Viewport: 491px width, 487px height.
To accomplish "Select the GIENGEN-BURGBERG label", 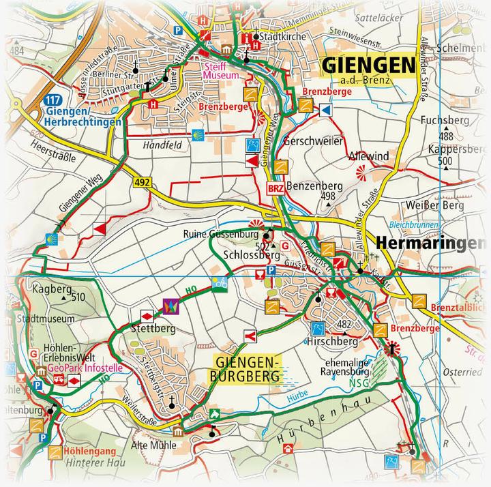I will [245, 368].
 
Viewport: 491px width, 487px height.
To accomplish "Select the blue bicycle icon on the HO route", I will [219, 284].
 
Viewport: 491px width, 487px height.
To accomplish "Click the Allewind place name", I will [368, 156].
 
